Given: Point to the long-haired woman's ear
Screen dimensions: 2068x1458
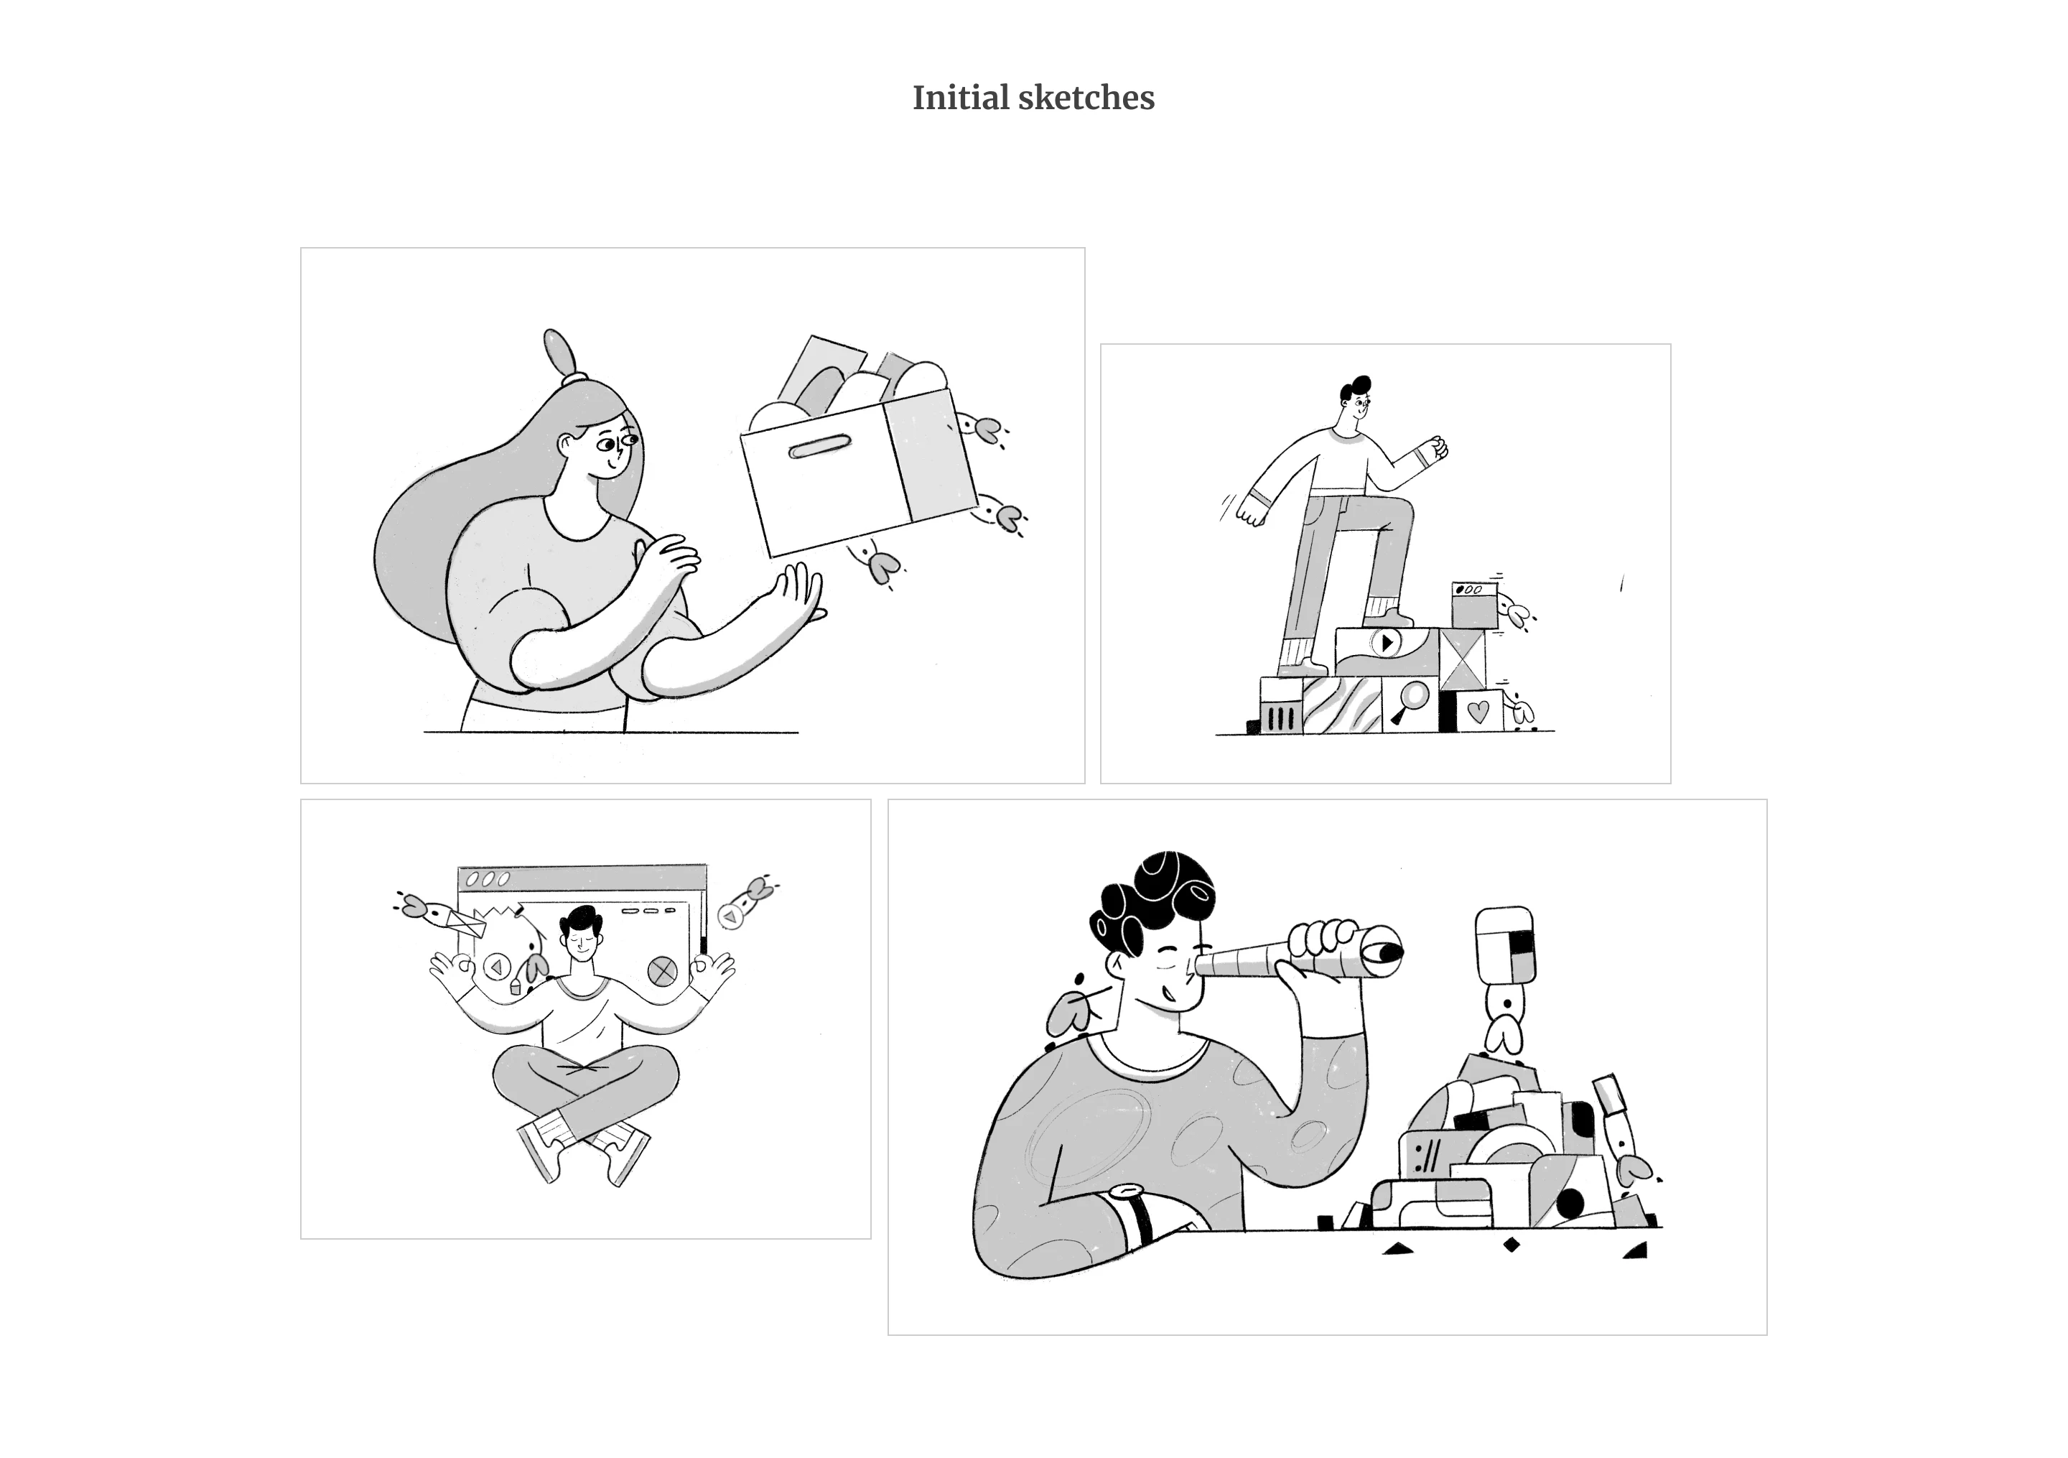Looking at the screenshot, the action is tap(567, 445).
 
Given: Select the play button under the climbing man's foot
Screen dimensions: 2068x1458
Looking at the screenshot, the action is tap(1387, 643).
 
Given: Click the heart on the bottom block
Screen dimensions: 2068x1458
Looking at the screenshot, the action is tap(1478, 711).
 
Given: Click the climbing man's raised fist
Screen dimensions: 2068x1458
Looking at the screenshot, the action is tap(1434, 449).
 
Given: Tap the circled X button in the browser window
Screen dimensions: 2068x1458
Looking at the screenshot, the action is tap(663, 970).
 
